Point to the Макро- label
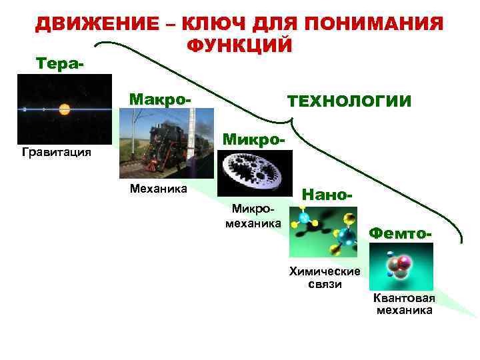[x=160, y=99]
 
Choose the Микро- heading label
[x=254, y=141]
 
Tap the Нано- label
[x=327, y=195]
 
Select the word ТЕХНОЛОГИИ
[x=349, y=101]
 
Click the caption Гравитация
[x=57, y=153]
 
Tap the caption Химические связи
[x=325, y=277]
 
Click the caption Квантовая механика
[x=404, y=303]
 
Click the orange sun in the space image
[x=65, y=109]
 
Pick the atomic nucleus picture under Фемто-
[x=401, y=266]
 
